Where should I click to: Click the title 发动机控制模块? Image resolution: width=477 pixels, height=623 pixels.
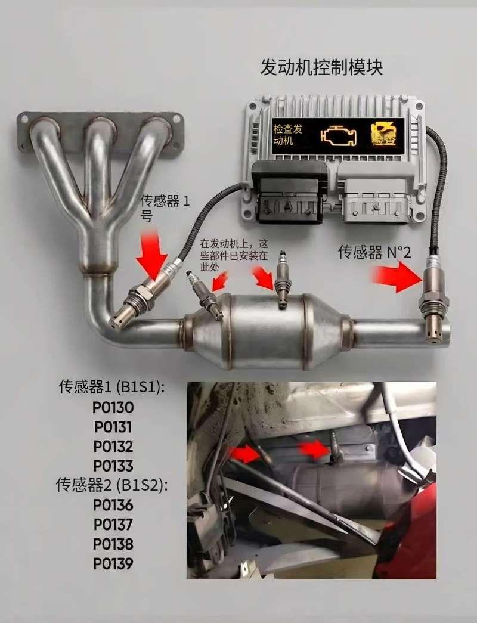point(321,67)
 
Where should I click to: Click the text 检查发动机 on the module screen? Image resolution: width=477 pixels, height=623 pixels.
point(287,135)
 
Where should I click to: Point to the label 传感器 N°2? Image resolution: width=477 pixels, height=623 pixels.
point(374,252)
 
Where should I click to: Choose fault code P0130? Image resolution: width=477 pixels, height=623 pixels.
point(113,408)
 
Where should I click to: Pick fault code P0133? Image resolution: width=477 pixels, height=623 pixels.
point(113,466)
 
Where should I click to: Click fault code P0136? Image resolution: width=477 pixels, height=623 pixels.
point(113,505)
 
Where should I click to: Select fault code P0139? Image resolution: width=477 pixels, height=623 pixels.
point(113,563)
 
